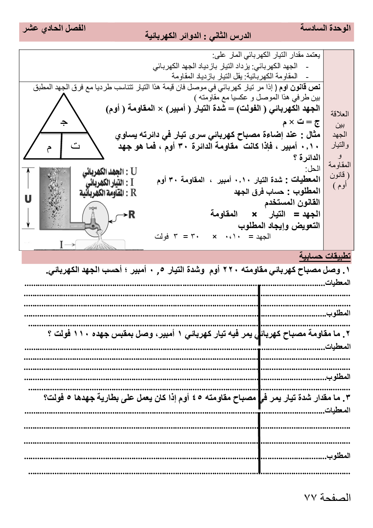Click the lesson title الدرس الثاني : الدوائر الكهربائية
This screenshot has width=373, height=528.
pyautogui.click(x=198, y=36)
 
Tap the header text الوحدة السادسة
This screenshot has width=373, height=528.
pyautogui.click(x=325, y=28)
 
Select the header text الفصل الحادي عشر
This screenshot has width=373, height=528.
pyautogui.click(x=54, y=28)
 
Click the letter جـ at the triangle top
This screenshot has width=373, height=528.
pyautogui.click(x=64, y=122)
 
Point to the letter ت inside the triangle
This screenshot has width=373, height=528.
pyautogui.click(x=75, y=145)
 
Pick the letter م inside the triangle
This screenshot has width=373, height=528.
pyautogui.click(x=49, y=148)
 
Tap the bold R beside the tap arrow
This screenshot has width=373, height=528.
pyautogui.click(x=132, y=215)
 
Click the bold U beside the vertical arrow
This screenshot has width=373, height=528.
pyautogui.click(x=28, y=199)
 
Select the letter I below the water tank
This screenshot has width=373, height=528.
pyautogui.click(x=61, y=245)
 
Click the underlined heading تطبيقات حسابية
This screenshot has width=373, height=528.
pyautogui.click(x=325, y=256)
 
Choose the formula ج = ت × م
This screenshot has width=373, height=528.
pyautogui.click(x=301, y=122)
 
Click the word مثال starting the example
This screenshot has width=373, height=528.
pyautogui.click(x=313, y=134)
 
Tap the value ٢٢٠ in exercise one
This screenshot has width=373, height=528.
pyautogui.click(x=229, y=270)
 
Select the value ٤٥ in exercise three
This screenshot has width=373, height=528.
pyautogui.click(x=197, y=397)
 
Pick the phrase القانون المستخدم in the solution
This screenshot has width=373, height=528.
pyautogui.click(x=292, y=202)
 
